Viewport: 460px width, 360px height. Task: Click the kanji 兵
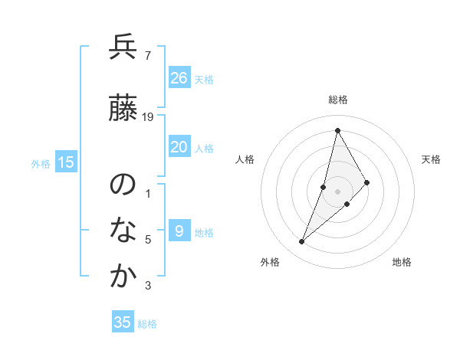coord(123,47)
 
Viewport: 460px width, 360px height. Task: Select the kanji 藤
coord(123,110)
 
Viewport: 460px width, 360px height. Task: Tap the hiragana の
coord(123,185)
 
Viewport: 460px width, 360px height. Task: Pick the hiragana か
coord(123,277)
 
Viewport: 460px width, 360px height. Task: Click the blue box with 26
coord(179,78)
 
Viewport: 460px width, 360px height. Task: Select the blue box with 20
coord(179,147)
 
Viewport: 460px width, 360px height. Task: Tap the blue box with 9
coord(179,231)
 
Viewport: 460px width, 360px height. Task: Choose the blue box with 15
coord(66,162)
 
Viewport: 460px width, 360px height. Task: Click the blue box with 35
coord(123,322)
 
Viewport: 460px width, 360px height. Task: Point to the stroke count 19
coord(148,117)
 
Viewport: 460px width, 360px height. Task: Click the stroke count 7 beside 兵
coord(147,55)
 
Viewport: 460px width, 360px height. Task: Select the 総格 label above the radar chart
coord(338,100)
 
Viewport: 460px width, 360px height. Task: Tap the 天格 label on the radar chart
coord(432,159)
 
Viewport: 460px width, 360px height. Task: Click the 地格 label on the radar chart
coord(402,262)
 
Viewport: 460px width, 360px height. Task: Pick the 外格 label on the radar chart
coord(270,262)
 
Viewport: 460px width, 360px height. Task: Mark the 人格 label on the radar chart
coord(245,159)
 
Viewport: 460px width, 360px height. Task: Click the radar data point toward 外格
coord(301,242)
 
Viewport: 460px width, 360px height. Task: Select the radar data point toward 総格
coord(337,130)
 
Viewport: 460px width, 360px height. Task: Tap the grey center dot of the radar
coord(338,191)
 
